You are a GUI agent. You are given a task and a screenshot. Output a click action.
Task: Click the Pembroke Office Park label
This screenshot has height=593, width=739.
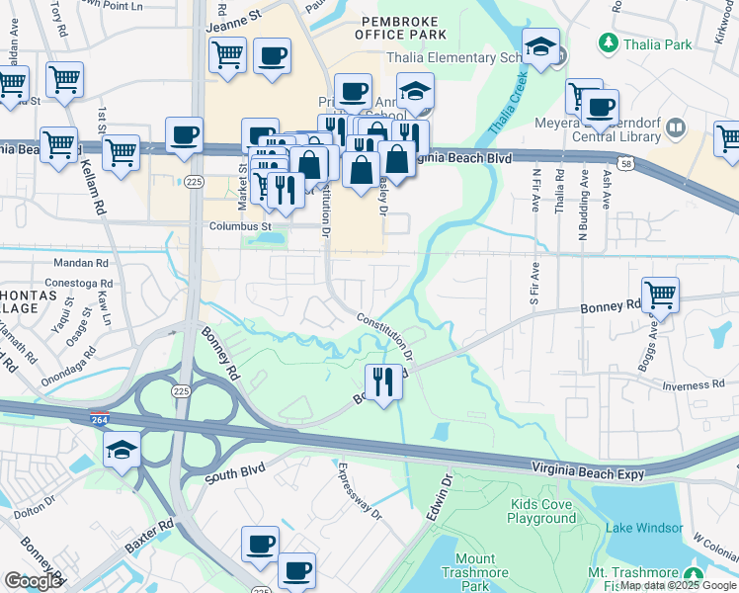tap(405, 27)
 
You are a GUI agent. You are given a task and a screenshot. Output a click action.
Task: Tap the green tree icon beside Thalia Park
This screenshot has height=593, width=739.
tap(608, 43)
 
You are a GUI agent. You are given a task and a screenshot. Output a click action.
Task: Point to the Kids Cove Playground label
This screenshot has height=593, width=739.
tap(542, 511)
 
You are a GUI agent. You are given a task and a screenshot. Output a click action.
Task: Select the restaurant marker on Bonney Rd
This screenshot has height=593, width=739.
tap(382, 380)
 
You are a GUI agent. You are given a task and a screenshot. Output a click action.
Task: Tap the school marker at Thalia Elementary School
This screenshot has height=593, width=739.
tap(541, 45)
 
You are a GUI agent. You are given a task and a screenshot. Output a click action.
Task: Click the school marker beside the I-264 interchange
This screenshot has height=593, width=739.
tap(123, 450)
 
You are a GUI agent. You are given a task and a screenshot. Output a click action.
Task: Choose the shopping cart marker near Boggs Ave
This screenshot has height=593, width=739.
tap(660, 293)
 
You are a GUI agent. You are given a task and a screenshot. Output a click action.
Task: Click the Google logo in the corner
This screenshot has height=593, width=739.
tap(33, 581)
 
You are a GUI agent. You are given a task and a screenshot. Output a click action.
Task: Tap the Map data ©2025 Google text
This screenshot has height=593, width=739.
tap(678, 586)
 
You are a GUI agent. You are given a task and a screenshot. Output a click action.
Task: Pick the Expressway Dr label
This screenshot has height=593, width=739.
tap(360, 491)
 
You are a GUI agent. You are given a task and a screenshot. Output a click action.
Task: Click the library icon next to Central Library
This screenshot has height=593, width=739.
tap(676, 127)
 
